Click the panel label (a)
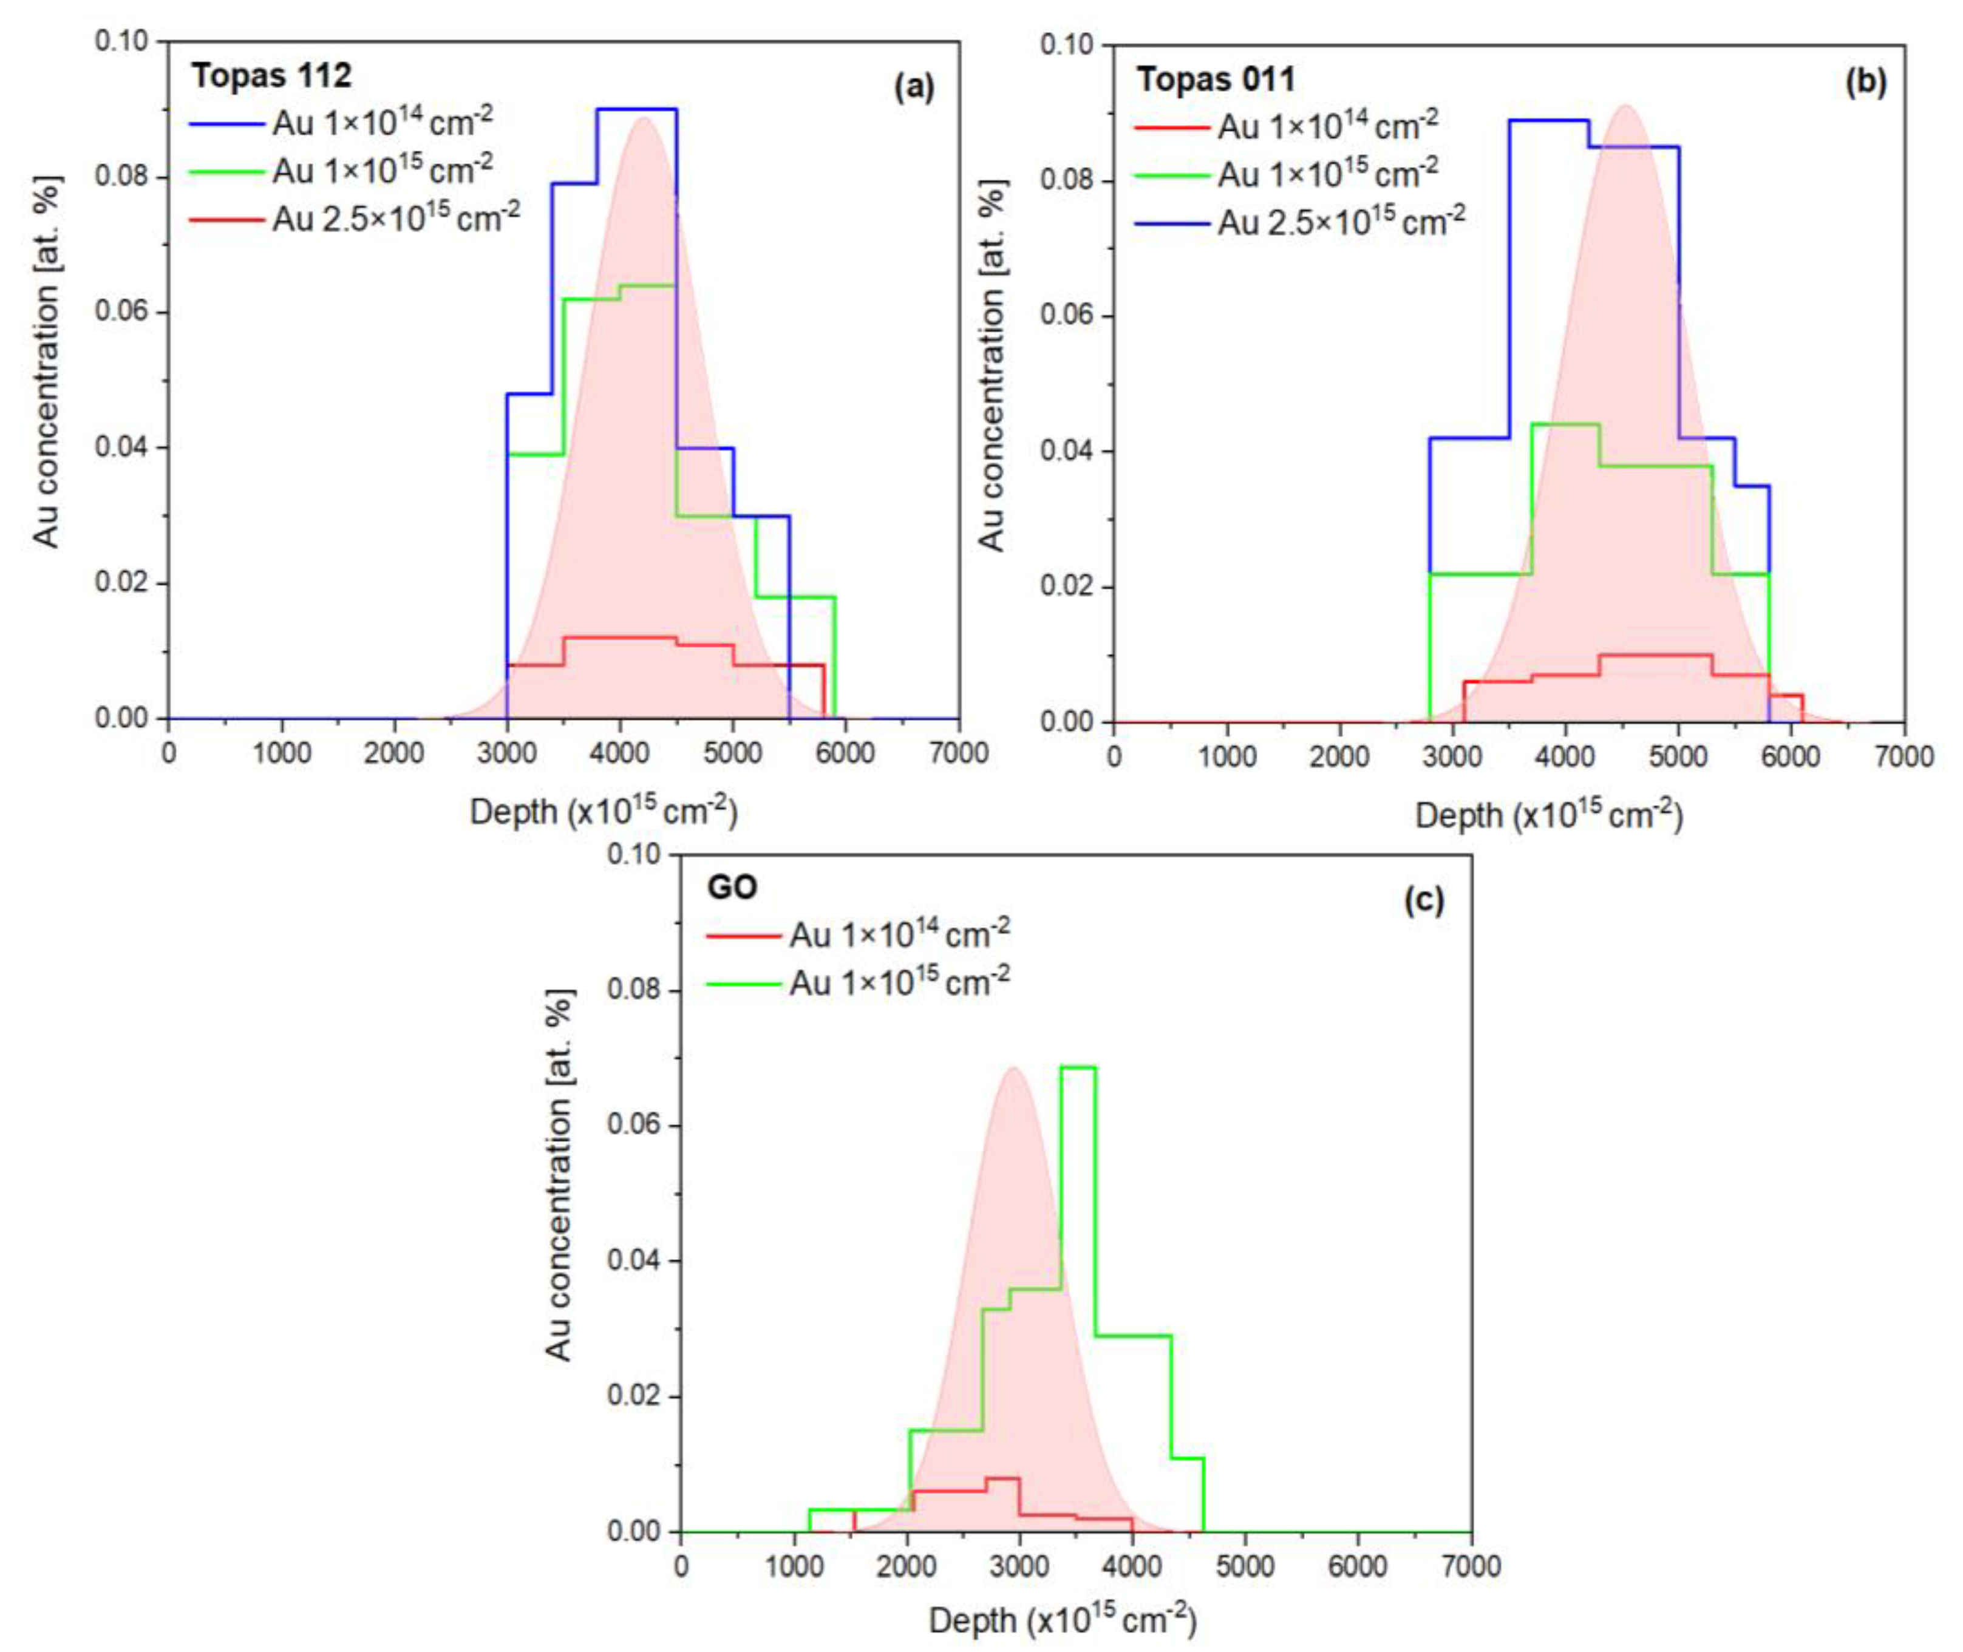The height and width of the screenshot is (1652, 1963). [913, 87]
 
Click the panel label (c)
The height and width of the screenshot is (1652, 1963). [1424, 900]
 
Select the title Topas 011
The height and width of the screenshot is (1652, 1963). [1216, 80]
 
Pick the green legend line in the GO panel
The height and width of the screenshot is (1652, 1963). [743, 984]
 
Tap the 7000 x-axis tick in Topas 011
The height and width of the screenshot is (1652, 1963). [1903, 756]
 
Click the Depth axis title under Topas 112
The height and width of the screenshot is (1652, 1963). [603, 812]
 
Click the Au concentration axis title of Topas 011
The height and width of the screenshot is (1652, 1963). [990, 365]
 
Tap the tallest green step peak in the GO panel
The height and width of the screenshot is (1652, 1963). [1078, 1067]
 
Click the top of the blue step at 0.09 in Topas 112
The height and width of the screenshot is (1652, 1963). [636, 109]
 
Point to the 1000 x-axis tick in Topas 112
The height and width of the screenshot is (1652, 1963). [282, 753]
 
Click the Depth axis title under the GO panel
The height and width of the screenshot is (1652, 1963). [1062, 1621]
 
